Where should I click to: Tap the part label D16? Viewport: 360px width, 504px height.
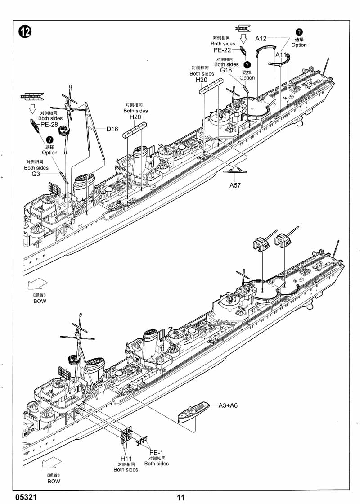[x=112, y=130]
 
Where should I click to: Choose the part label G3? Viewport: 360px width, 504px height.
[x=36, y=174]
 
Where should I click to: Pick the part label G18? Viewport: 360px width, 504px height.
[x=226, y=71]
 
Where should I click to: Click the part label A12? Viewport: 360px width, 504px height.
[x=261, y=39]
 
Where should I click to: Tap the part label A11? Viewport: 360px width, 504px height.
[x=281, y=55]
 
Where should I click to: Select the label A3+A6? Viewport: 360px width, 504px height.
[x=228, y=405]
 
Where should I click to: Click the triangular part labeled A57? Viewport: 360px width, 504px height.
[x=235, y=170]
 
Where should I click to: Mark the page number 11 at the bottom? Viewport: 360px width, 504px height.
[x=181, y=498]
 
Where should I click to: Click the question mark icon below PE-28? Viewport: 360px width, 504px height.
[x=50, y=140]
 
